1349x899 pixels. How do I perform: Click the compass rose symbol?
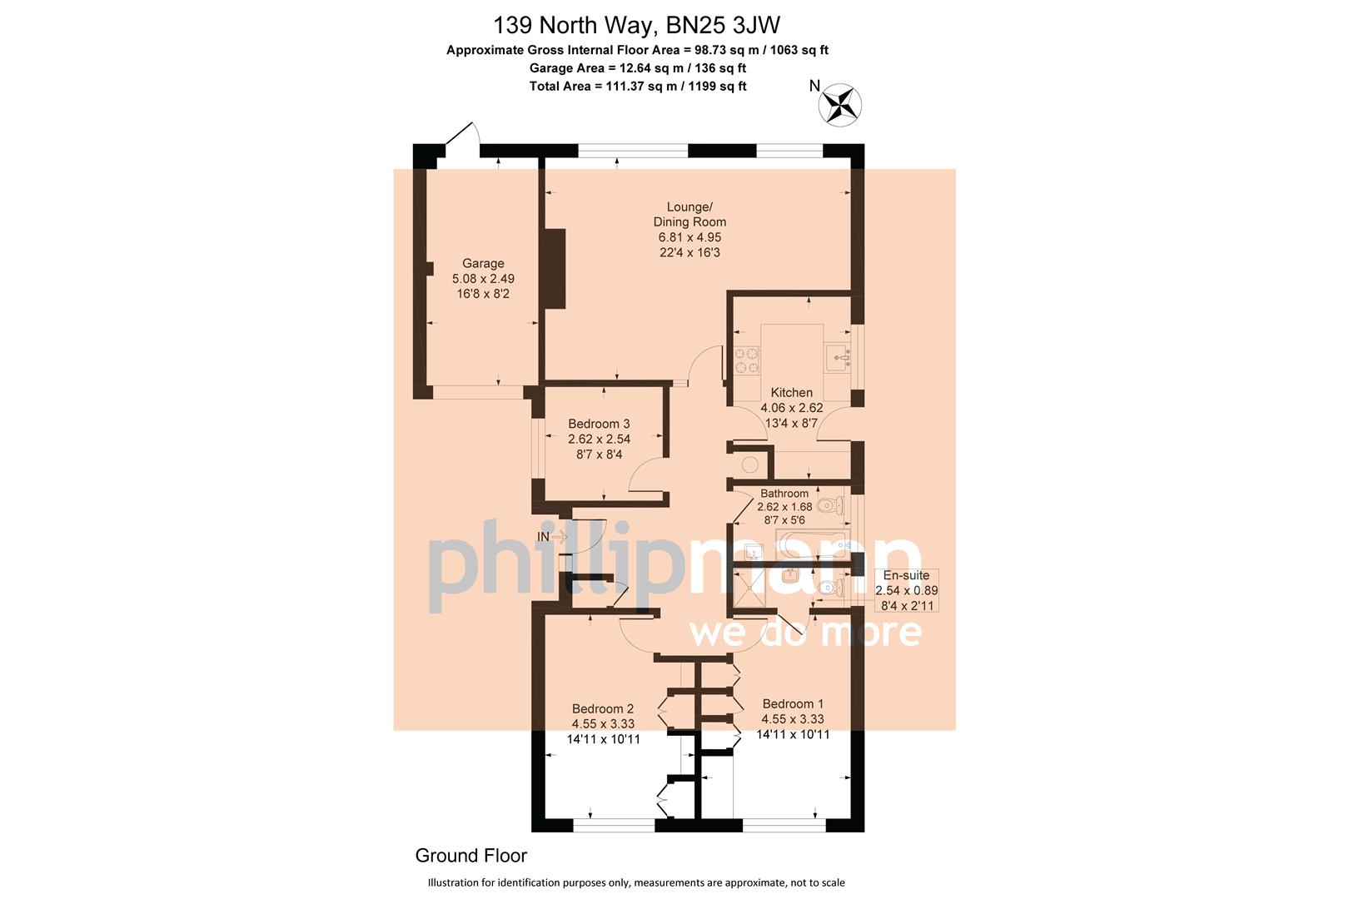(x=841, y=106)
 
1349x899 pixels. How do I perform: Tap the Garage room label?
(x=483, y=264)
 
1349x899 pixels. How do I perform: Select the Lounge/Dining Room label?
(x=689, y=214)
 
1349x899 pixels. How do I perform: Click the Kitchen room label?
(x=791, y=393)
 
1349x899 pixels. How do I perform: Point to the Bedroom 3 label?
(x=600, y=424)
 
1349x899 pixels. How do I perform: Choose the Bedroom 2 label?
(x=603, y=709)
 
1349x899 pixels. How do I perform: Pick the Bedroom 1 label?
(x=793, y=704)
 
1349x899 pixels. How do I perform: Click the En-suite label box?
(x=906, y=589)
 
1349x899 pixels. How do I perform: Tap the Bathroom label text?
(x=784, y=494)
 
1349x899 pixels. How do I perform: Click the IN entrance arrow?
(x=551, y=537)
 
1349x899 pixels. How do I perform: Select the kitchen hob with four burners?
(x=746, y=360)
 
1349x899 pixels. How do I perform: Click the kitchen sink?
(x=839, y=358)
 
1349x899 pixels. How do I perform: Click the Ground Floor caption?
(x=470, y=856)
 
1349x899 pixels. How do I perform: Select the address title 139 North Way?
(x=637, y=24)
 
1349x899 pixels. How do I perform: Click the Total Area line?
(x=637, y=87)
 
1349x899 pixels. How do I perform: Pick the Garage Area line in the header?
(x=637, y=68)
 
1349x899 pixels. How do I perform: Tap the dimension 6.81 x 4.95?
(x=689, y=237)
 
